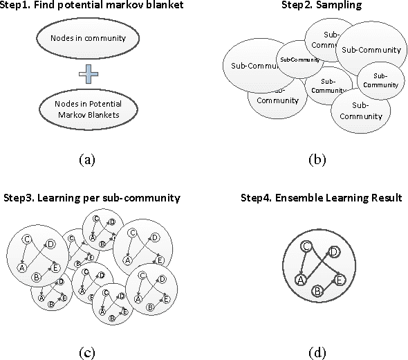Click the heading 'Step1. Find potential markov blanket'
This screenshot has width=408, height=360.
click(x=86, y=7)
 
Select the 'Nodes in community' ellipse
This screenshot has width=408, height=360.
click(x=86, y=38)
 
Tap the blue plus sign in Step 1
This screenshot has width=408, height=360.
click(x=85, y=73)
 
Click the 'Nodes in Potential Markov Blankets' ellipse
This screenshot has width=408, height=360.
click(x=86, y=109)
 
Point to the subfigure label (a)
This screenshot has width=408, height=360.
click(x=86, y=159)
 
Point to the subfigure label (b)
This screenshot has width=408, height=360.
click(x=316, y=159)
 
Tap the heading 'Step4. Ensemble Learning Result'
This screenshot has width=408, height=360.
click(x=321, y=197)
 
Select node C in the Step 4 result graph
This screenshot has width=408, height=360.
click(x=306, y=246)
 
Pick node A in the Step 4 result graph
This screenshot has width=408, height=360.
click(x=300, y=279)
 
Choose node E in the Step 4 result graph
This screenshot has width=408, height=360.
click(x=340, y=279)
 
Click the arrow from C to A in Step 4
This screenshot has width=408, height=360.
click(x=302, y=264)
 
